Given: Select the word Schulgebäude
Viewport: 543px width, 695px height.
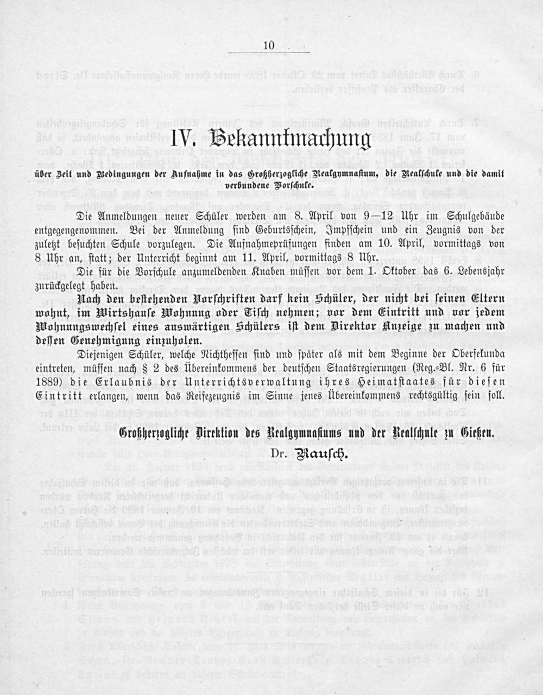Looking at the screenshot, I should [472, 216].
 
